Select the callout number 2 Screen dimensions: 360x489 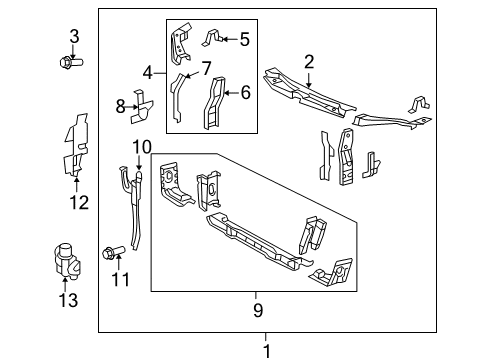[x=310, y=62]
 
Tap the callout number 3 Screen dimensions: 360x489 [x=73, y=37]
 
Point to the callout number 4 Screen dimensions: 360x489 [x=148, y=73]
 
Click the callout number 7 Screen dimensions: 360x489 [x=207, y=69]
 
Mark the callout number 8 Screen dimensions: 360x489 [x=120, y=106]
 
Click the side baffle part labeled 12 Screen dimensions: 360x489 [x=76, y=147]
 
